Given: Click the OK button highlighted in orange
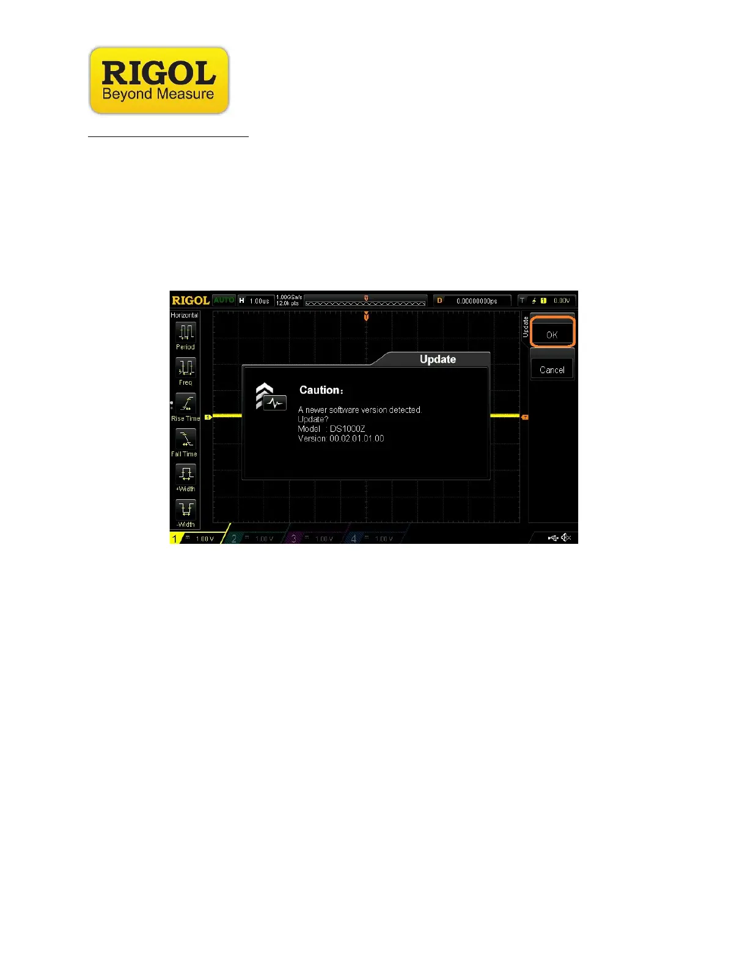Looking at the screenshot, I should point(552,333).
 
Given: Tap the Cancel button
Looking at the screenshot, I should point(552,369).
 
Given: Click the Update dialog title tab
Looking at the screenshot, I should point(438,359).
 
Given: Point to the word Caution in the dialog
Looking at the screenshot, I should point(320,390).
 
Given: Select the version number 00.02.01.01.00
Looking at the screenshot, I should point(357,439).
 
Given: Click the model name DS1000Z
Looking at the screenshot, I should point(347,429).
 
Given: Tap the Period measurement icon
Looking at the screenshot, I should point(186,332).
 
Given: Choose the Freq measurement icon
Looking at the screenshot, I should point(186,368).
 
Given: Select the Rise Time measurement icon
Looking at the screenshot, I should point(186,403).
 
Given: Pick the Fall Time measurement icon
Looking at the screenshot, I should point(186,439).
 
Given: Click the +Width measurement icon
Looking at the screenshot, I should point(186,474).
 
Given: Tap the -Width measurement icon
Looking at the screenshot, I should point(186,509).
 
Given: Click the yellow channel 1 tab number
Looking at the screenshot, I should point(175,538).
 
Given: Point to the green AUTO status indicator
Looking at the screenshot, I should point(224,300).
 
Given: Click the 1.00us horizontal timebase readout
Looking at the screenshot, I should point(259,301).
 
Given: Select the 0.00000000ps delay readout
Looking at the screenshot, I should point(477,301).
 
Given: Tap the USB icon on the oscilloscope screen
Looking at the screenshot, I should point(553,538).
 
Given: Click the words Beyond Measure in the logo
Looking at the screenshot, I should point(158,94).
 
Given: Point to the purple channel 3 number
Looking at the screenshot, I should point(294,538).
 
